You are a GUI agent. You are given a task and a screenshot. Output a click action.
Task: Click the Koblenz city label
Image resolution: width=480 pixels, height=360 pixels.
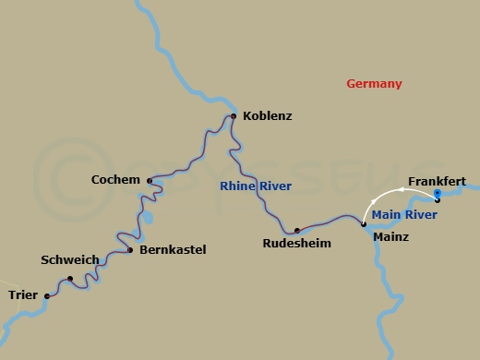tap(267, 116)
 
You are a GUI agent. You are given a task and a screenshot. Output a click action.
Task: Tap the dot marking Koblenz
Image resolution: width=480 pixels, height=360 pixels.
tap(234, 116)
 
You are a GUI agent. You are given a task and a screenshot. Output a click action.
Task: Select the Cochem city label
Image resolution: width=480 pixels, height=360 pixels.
tap(115, 179)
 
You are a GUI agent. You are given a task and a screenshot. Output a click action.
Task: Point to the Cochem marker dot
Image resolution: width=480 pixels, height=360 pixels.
tap(150, 181)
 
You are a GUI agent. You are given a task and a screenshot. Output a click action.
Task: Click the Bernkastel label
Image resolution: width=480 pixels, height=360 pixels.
tap(172, 249)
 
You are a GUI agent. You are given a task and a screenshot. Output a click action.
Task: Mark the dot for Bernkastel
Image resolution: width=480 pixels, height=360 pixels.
tap(130, 250)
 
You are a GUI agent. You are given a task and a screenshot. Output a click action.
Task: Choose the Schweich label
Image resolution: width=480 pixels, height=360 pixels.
tap(70, 260)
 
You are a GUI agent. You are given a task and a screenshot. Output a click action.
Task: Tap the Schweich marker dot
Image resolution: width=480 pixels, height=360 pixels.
tap(70, 278)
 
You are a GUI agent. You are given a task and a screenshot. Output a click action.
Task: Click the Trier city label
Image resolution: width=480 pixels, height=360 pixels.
tap(22, 295)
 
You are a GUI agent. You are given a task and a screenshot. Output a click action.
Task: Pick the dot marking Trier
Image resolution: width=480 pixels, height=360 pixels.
tap(47, 296)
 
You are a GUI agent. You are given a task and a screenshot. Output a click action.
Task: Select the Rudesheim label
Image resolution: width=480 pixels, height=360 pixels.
tap(296, 244)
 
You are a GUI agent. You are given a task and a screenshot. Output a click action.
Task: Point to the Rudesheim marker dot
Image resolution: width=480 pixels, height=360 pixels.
tap(296, 230)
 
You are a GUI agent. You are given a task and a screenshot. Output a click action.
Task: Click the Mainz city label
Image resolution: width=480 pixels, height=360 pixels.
tap(390, 236)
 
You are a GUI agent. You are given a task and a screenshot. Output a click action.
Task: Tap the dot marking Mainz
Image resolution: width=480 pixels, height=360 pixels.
tap(364, 224)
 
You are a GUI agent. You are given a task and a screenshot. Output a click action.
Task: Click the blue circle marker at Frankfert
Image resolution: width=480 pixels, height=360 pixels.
tap(438, 194)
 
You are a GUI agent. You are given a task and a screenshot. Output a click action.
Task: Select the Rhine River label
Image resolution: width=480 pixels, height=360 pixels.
tap(256, 186)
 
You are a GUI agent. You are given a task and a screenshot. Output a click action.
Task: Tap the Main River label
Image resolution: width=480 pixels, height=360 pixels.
tap(403, 215)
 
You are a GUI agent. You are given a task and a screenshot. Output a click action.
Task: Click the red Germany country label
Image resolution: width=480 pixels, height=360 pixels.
tap(374, 84)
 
